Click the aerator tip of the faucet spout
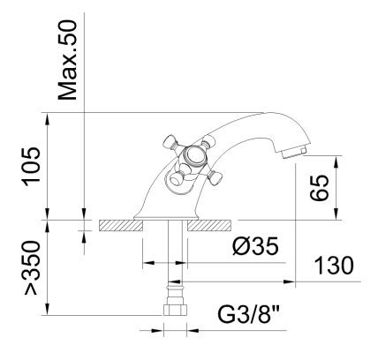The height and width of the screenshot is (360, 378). click(298, 152)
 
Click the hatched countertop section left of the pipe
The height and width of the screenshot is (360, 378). click(119, 227)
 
